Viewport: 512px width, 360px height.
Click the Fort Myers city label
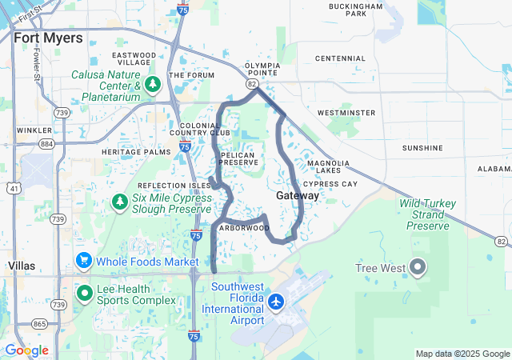point(48,38)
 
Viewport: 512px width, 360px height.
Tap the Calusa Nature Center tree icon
point(154,82)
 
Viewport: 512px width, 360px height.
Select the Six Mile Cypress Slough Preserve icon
point(119,200)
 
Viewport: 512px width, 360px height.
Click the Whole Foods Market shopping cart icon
point(83,261)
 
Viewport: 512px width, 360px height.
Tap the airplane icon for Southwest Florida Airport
point(277,302)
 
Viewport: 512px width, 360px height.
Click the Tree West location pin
point(418,266)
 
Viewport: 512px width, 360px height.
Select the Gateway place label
point(298,196)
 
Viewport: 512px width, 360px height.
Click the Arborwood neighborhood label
point(244,227)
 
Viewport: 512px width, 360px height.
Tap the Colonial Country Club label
point(205,130)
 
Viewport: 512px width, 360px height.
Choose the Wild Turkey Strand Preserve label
point(428,214)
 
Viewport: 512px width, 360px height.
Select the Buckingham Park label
point(356,10)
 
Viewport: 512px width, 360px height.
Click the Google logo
point(26,350)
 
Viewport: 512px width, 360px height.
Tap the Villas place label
point(21,265)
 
